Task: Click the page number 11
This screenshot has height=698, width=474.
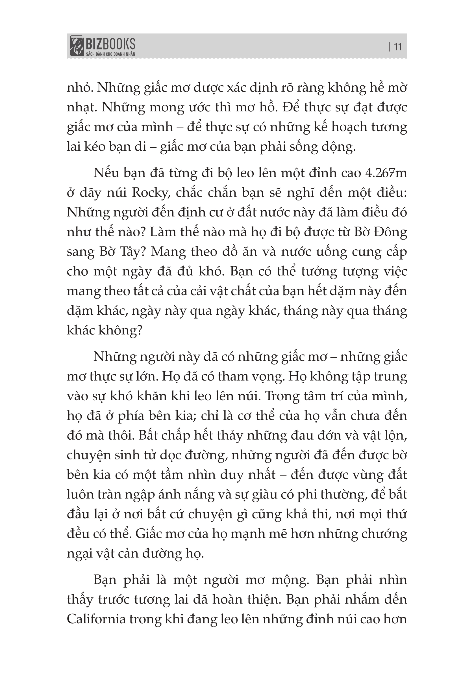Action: pyautogui.click(x=398, y=47)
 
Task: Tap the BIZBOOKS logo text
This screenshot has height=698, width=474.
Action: pyautogui.click(x=110, y=44)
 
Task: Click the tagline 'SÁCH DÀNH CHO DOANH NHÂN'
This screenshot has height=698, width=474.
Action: pyautogui.click(x=110, y=54)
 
